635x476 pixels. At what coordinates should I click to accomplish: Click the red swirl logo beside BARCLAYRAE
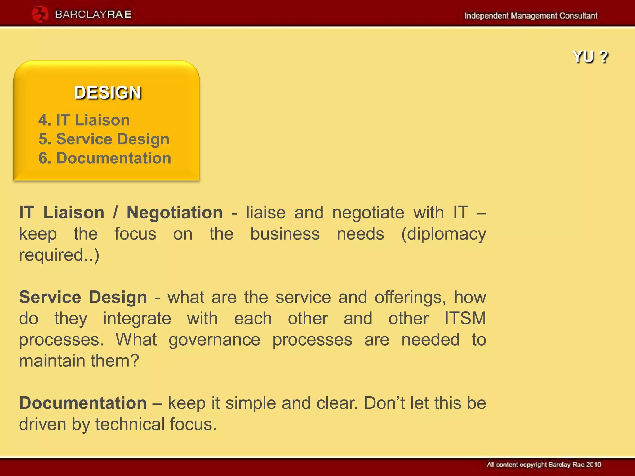40,14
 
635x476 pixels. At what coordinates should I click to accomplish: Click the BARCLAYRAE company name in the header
93,15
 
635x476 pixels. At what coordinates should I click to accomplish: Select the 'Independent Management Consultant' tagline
531,15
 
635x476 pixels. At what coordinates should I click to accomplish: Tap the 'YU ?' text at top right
590,57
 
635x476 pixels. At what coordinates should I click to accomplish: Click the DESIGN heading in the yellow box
108,93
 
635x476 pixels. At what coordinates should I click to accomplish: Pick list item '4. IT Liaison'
84,120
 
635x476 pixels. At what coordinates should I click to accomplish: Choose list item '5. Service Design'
104,139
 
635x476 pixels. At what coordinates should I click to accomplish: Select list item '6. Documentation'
105,158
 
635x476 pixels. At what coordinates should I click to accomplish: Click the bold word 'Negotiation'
175,213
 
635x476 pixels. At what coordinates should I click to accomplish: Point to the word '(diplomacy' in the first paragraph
443,234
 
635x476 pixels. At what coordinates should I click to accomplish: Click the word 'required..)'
59,255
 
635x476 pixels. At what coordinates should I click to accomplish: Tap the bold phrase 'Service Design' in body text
83,297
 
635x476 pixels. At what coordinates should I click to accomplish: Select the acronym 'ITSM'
465,318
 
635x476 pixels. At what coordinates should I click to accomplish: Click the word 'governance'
214,340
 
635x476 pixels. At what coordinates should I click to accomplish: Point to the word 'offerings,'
410,297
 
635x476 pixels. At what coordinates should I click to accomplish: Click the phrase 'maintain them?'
79,361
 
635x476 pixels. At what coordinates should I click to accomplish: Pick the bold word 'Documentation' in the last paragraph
83,403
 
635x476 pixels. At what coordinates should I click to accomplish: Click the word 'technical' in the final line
130,424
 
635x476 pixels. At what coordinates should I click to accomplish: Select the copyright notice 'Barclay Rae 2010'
575,465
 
